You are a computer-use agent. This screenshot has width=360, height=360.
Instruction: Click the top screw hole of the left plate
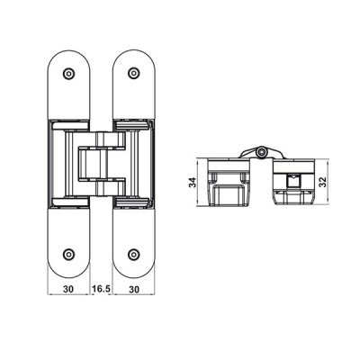coord(69,73)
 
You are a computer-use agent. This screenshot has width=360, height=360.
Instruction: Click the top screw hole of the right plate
coord(133,73)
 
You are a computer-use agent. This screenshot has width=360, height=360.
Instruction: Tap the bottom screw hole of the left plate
coord(69,255)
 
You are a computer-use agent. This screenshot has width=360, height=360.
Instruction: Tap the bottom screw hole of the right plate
coord(133,255)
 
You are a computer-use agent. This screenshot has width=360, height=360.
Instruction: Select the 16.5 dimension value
coord(101,289)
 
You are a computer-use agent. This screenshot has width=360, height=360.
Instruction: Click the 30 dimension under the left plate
coord(68,289)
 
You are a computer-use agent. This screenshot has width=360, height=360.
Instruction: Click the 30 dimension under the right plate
coord(134,289)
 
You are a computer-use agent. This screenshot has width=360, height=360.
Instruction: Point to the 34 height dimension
coord(193,183)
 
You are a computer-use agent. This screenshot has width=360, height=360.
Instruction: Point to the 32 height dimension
coord(322,182)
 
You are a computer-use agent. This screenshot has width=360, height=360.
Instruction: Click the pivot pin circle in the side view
coord(262,152)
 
